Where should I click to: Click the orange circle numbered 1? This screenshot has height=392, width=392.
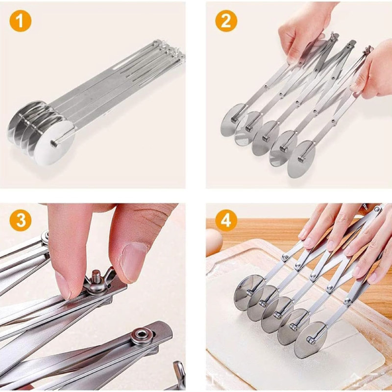tap(21, 21)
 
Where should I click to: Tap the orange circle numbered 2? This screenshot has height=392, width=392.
tap(226, 21)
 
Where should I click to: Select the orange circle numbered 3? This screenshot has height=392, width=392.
tap(21, 220)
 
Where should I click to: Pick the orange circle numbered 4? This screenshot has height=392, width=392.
tap(226, 220)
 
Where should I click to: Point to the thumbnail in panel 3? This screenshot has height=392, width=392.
tap(133, 263)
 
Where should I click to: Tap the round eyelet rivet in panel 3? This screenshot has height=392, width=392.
tap(142, 334)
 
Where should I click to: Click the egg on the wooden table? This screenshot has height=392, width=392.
tap(214, 242)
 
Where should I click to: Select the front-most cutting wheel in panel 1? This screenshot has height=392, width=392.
tap(54, 143)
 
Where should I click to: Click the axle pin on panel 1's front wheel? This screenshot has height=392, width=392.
tap(54, 144)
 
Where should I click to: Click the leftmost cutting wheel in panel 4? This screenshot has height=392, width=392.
tap(247, 293)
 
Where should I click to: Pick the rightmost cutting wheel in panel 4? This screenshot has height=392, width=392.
tap(310, 340)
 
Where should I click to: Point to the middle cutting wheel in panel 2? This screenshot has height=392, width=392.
tap(266, 138)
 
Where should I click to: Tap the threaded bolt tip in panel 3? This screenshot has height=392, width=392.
tap(96, 276)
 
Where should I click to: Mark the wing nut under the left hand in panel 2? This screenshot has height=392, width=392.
tap(333, 36)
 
